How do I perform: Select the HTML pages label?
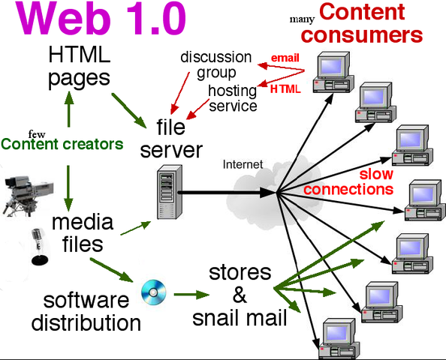pos(79,66)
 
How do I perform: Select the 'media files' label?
pos(83,233)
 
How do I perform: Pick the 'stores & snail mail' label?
pos(240,295)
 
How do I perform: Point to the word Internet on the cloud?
pos(243,163)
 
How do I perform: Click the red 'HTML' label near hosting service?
pos(285,88)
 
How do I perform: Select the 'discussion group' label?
pos(215,65)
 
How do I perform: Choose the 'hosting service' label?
pos(233,98)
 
